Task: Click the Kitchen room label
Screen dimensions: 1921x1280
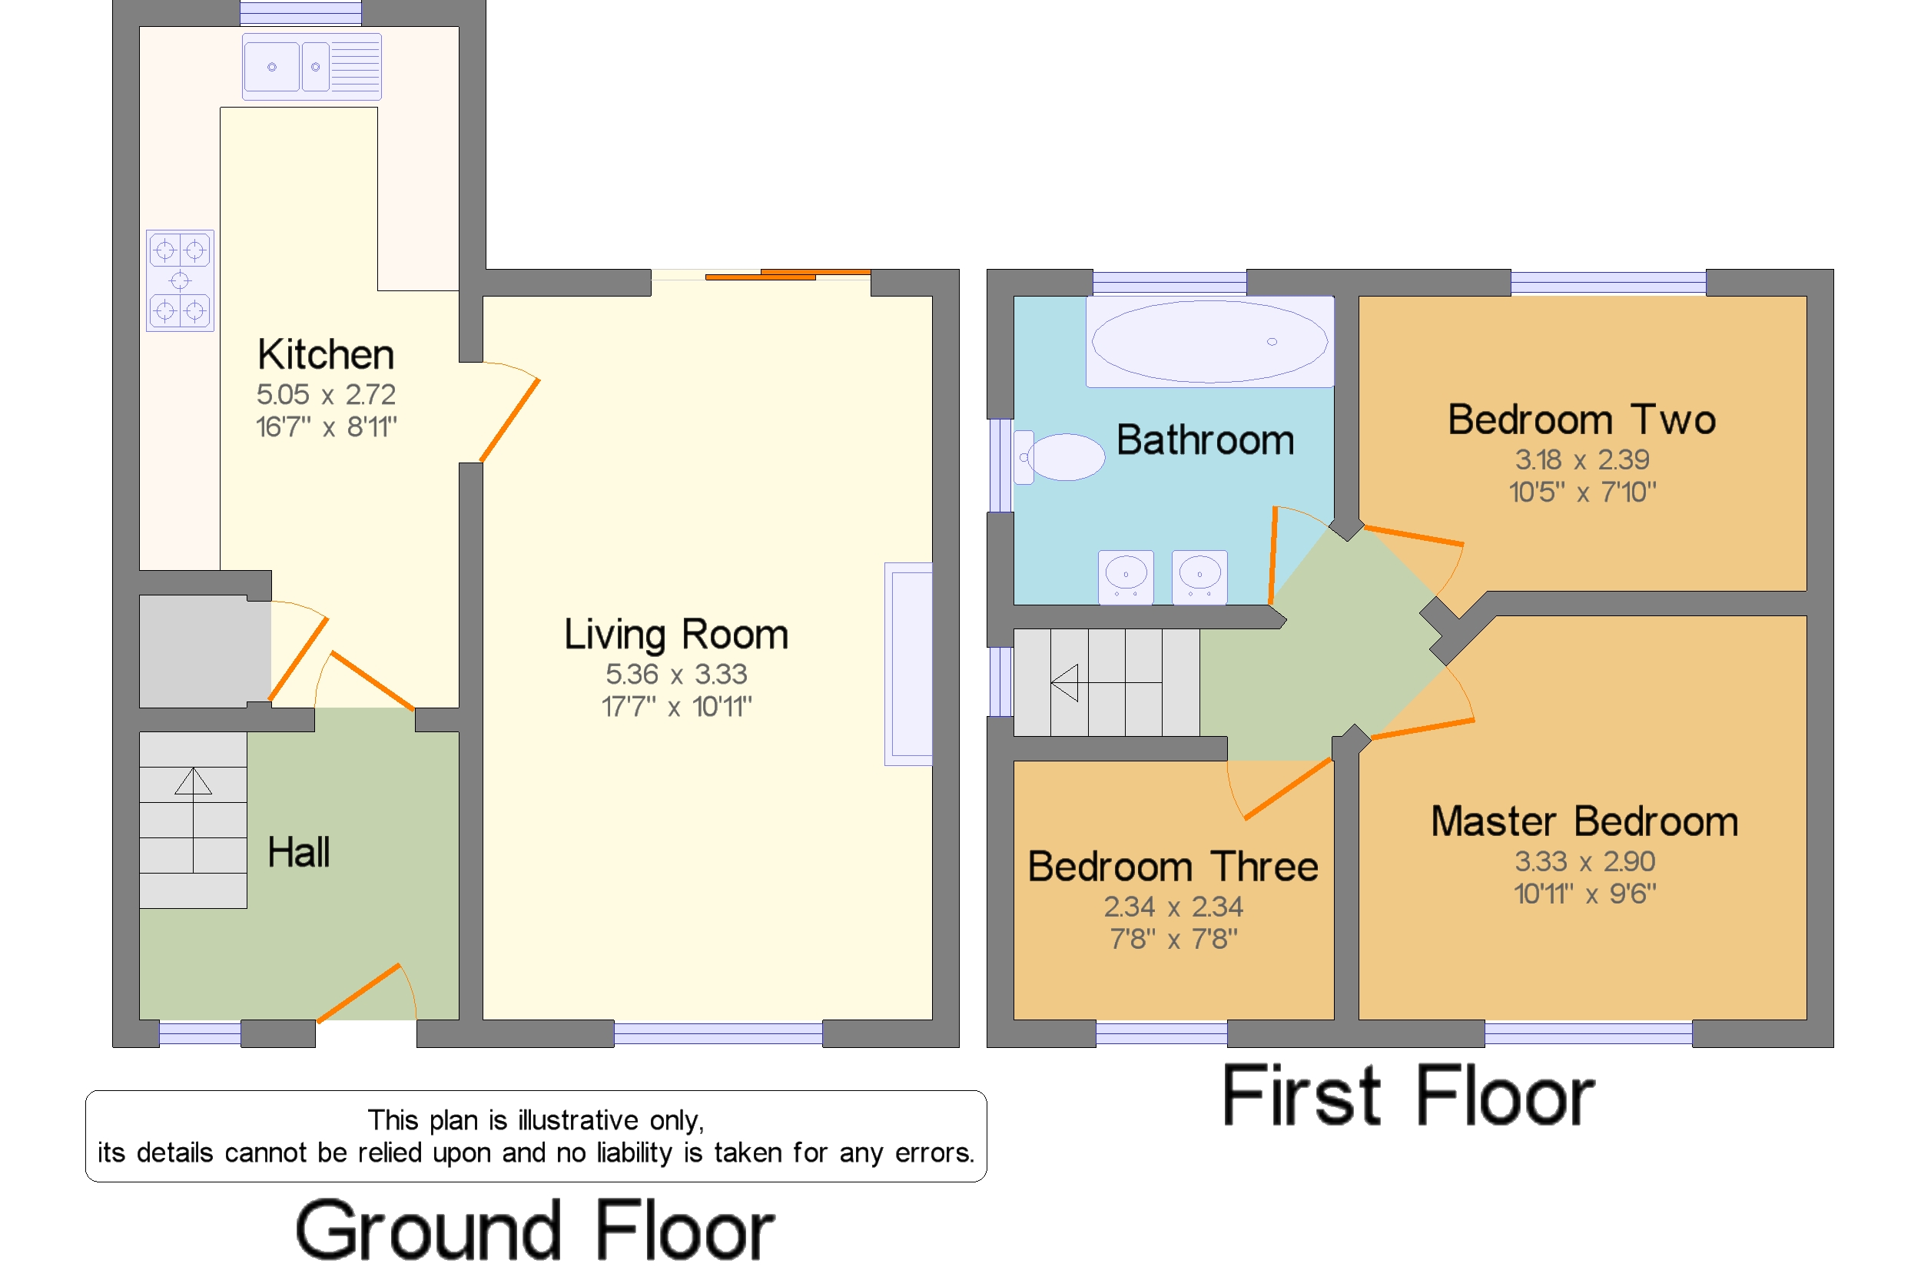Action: pyautogui.click(x=326, y=355)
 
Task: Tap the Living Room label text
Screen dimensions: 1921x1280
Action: pyautogui.click(x=676, y=635)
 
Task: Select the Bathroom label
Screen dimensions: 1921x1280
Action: pyautogui.click(x=1205, y=441)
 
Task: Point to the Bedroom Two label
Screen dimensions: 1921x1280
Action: pyautogui.click(x=1581, y=419)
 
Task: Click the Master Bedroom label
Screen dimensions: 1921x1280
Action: pyautogui.click(x=1584, y=821)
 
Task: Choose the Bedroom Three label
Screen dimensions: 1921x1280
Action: pyautogui.click(x=1173, y=867)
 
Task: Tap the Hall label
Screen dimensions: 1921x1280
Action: pyautogui.click(x=299, y=852)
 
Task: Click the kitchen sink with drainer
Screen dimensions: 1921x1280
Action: pyautogui.click(x=312, y=67)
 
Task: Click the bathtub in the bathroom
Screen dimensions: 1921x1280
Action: pyautogui.click(x=1210, y=341)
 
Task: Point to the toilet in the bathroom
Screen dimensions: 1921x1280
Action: pyautogui.click(x=1059, y=457)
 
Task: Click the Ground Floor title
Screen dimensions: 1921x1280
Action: pyautogui.click(x=535, y=1230)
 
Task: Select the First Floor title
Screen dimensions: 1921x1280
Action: pyautogui.click(x=1408, y=1096)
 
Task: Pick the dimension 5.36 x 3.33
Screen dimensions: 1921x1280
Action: pyautogui.click(x=676, y=675)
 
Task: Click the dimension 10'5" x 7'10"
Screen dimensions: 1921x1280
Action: pyautogui.click(x=1582, y=492)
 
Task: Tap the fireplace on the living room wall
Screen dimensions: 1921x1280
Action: pyautogui.click(x=909, y=664)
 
